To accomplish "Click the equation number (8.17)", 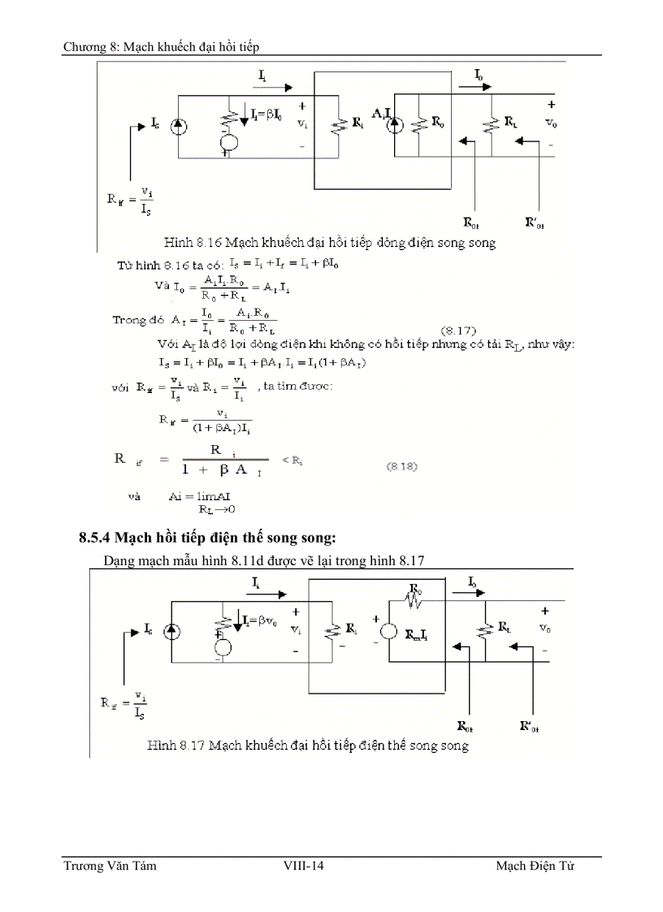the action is [458, 331].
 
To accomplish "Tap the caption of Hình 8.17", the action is [308, 745].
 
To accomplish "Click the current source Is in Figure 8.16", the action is [179, 126].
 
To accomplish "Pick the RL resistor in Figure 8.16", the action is [492, 125].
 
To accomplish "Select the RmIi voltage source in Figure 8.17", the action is [389, 633].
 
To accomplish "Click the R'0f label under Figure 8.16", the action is [534, 221].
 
